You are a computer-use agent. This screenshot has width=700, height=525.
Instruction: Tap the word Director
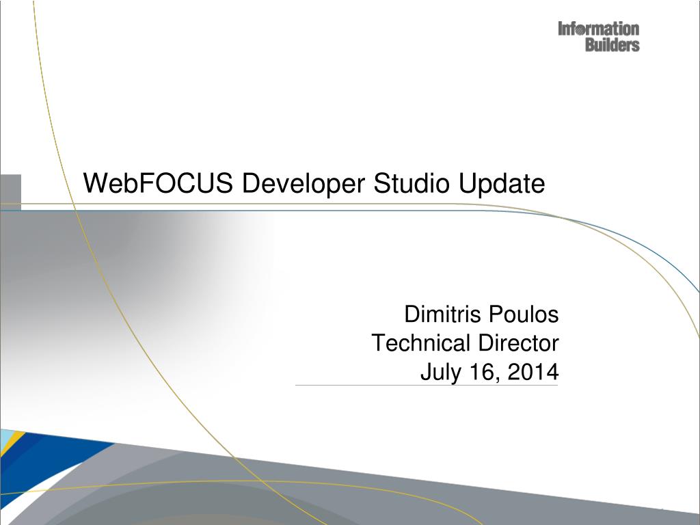519,342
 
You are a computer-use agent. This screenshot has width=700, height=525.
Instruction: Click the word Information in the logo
599,29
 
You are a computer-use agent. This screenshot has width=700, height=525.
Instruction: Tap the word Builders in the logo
612,45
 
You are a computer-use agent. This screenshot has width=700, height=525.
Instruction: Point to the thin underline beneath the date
427,386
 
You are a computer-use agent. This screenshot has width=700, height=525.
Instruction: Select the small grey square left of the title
10,191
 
